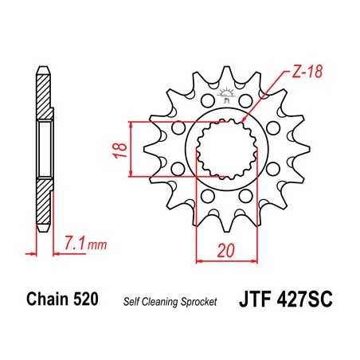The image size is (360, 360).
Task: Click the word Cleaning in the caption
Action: [x=162, y=302]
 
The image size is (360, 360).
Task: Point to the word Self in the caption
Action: [x=131, y=302]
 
